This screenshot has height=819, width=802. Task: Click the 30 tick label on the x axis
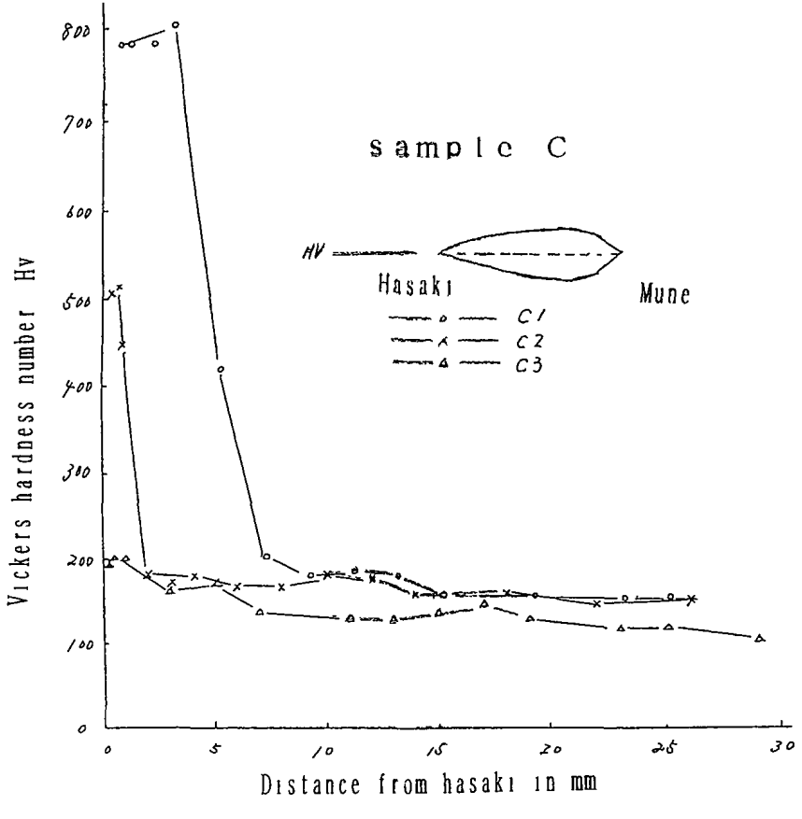pyautogui.click(x=774, y=749)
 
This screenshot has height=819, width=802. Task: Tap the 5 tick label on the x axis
pyautogui.click(x=217, y=750)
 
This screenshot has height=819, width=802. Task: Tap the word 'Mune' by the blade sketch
pyautogui.click(x=664, y=297)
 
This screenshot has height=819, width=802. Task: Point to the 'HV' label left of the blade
pyautogui.click(x=314, y=252)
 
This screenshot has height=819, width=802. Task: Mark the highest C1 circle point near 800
pyautogui.click(x=176, y=25)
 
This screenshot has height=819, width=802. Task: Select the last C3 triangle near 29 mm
pyautogui.click(x=760, y=638)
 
